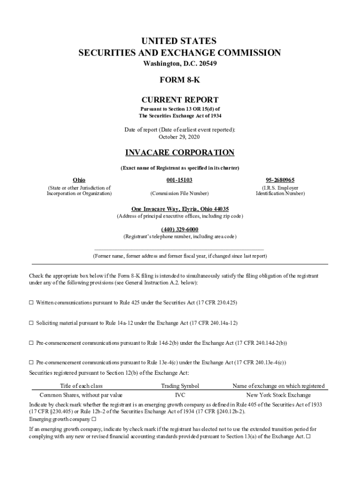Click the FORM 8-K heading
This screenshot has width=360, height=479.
pos(180,80)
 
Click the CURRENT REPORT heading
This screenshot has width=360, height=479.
pos(180,100)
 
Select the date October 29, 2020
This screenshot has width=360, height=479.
pos(180,137)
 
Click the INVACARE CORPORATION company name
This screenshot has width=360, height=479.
pos(180,153)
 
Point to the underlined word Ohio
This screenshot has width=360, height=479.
pos(79,180)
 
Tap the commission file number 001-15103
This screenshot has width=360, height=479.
pos(180,180)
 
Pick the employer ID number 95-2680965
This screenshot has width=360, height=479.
pos(280,180)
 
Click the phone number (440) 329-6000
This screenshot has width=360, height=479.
pos(180,229)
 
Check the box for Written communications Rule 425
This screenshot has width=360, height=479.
pos(32,303)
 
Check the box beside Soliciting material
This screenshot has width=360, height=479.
pos(32,323)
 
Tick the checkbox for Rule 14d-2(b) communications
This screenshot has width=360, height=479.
pos(32,343)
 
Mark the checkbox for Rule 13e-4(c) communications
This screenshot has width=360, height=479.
pos(32,363)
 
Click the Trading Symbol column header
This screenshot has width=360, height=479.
pos(180,386)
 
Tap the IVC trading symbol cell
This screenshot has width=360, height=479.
pos(180,395)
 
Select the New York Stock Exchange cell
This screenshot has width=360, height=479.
pos(279,395)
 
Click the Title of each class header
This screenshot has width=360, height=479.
pos(81,386)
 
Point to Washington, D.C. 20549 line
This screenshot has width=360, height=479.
pos(180,63)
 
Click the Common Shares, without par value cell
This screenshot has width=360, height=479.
pos(81,395)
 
